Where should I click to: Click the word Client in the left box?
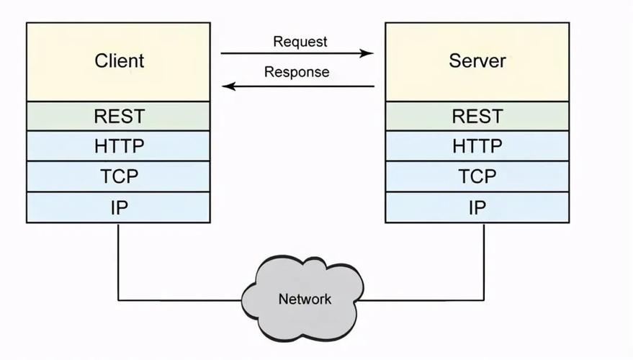(x=119, y=60)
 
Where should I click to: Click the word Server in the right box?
(x=477, y=60)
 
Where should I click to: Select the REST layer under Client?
(x=119, y=116)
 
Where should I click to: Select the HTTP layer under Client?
(x=119, y=146)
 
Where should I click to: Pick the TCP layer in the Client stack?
(x=119, y=176)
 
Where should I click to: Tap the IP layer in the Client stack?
(x=119, y=208)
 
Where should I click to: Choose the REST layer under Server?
(x=477, y=116)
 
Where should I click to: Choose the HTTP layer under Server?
(x=477, y=146)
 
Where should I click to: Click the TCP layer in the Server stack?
(x=477, y=176)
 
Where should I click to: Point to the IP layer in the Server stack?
(x=477, y=208)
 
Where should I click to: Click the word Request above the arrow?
(x=300, y=42)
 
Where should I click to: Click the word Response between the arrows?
(x=297, y=72)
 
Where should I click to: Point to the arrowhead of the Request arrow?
(x=369, y=53)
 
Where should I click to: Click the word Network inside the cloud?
(x=305, y=299)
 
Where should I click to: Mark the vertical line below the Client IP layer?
(x=118, y=259)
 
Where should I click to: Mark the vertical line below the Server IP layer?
(x=483, y=259)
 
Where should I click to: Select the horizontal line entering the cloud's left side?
(x=180, y=300)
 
